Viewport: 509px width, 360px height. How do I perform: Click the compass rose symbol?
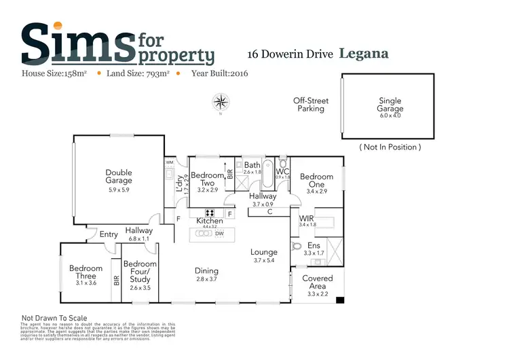(x=221, y=103)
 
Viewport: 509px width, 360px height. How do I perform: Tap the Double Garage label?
(x=119, y=177)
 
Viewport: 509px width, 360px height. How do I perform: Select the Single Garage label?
(x=390, y=105)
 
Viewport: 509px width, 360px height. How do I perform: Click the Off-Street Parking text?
(x=311, y=105)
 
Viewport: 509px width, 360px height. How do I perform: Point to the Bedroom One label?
(x=317, y=181)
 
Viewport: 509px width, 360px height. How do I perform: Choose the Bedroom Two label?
(x=207, y=179)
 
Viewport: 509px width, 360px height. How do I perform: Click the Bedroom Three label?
(x=86, y=272)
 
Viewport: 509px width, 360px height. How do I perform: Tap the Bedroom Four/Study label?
(x=140, y=272)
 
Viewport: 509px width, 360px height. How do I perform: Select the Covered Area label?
(x=317, y=282)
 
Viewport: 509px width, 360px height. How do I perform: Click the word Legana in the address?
(x=364, y=53)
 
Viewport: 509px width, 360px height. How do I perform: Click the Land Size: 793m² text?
(x=138, y=73)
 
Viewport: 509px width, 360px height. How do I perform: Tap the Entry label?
(x=109, y=234)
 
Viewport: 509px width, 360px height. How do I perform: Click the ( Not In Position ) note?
(x=390, y=147)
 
